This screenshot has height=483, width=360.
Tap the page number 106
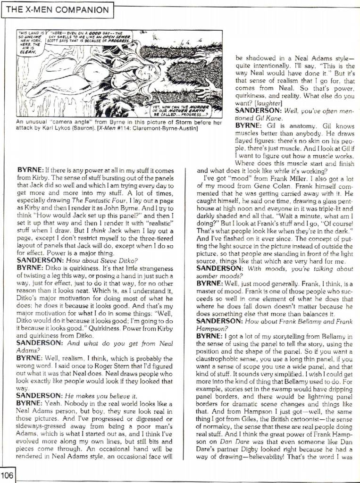pyautogui.click(x=7, y=475)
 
